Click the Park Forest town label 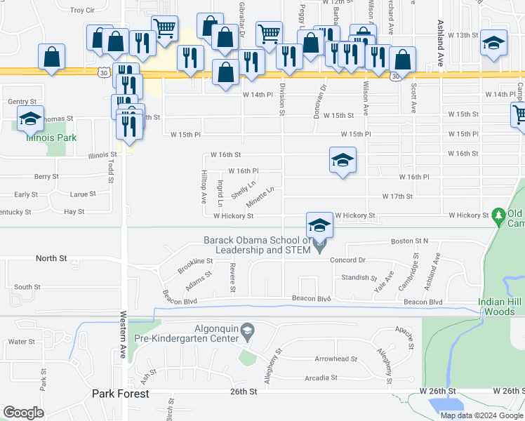coord(120,394)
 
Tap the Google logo coord(23,412)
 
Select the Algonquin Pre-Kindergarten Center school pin coord(247,330)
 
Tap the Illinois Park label coord(51,138)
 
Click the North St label coord(51,258)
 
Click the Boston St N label coord(410,241)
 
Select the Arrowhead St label coord(335,359)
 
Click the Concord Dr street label coord(349,260)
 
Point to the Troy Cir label coord(82,11)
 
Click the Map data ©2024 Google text coord(481,415)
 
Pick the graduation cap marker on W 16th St coord(343,161)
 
